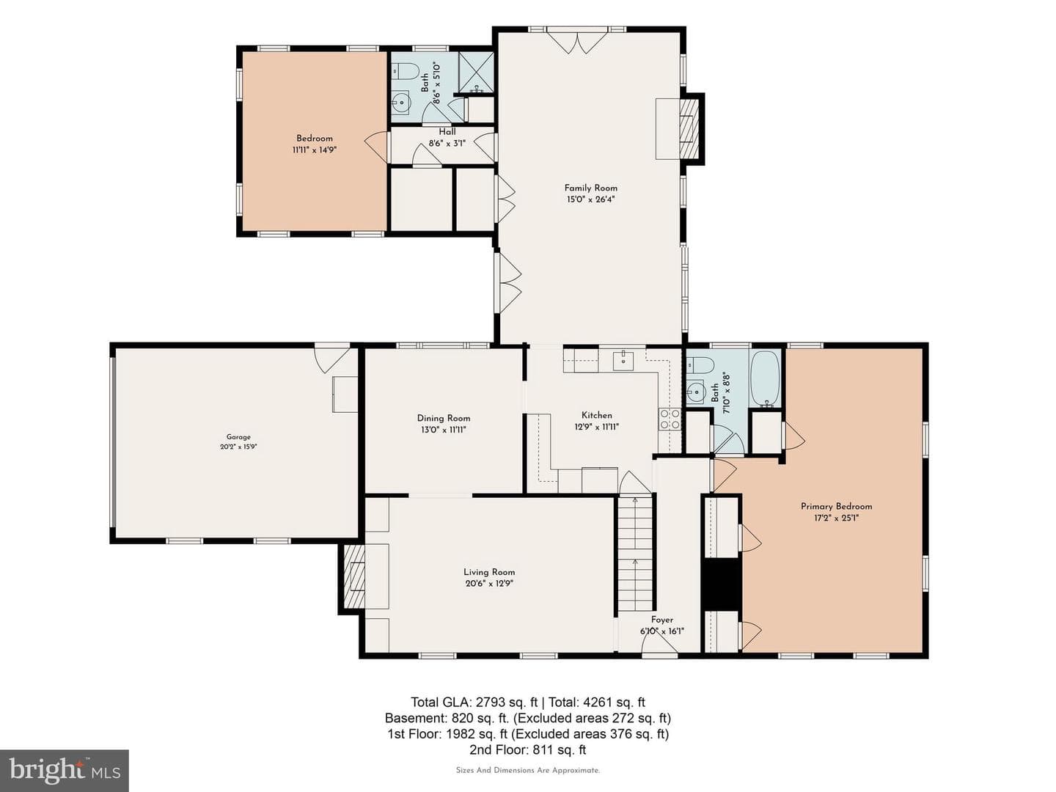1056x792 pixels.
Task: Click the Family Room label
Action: [x=590, y=188]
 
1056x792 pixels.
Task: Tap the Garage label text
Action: [x=238, y=437]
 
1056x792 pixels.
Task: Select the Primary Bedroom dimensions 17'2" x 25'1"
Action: [x=836, y=518]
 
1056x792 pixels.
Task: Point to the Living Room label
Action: [x=489, y=572]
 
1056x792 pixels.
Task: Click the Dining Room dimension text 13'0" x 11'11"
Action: [x=444, y=430]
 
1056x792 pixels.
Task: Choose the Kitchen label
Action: [x=596, y=415]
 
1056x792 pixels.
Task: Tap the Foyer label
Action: [x=662, y=620]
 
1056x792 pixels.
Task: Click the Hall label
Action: [x=447, y=132]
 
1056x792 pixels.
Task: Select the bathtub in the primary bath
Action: [x=765, y=379]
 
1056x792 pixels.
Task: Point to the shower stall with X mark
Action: [x=476, y=73]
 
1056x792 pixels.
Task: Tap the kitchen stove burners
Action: [x=670, y=419]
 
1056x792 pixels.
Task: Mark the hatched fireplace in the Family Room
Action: [x=688, y=129]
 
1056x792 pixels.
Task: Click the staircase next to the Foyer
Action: [x=634, y=553]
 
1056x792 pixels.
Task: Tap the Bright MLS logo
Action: [x=65, y=770]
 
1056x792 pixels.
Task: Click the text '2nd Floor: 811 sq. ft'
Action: [x=528, y=749]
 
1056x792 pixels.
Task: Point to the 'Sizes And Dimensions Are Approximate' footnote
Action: [x=528, y=770]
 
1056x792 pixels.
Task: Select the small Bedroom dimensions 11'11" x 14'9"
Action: [x=314, y=150]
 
